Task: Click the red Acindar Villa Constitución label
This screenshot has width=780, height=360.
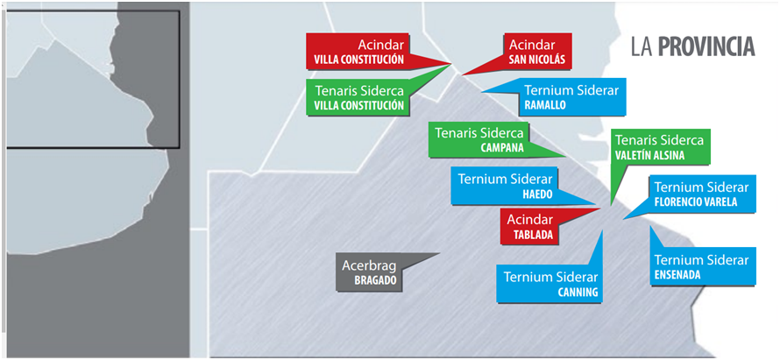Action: point(356,52)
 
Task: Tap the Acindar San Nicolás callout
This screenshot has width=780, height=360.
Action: point(537,52)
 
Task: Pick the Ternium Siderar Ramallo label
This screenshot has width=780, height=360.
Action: point(570,96)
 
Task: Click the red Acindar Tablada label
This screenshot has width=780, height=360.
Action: point(530,226)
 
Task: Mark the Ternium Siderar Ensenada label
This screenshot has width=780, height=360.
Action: point(702,267)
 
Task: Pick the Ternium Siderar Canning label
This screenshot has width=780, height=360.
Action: point(549,284)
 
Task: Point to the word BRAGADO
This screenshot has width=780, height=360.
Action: point(376,281)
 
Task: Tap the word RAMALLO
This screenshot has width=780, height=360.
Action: point(544,104)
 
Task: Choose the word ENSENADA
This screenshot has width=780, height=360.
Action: point(677,275)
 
